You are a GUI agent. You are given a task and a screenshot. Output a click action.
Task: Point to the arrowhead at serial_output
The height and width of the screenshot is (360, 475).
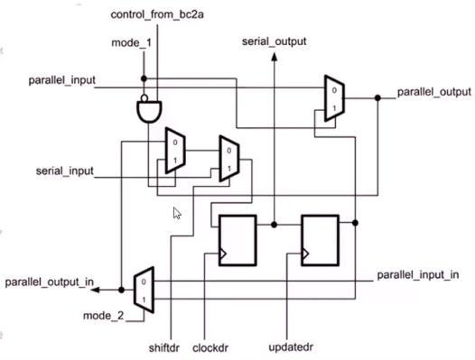click(x=273, y=57)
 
